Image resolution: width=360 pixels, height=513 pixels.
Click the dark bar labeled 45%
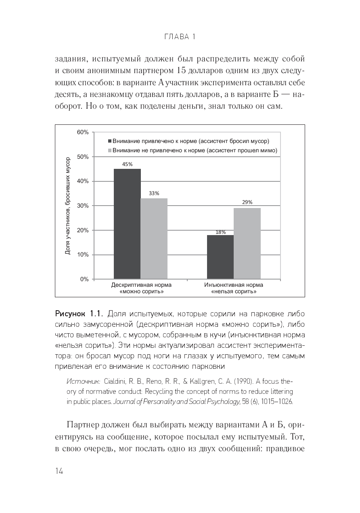click(127, 224)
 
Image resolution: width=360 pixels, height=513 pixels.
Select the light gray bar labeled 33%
click(154, 238)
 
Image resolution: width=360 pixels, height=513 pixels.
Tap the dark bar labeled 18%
click(220, 257)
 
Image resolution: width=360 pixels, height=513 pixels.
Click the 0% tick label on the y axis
click(84, 279)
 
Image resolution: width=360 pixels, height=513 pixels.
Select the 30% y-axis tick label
click(83, 206)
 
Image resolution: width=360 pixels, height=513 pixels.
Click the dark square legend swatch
click(109, 141)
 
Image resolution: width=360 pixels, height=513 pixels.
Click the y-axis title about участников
click(68, 206)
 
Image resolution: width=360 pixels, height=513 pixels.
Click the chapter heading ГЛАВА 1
click(180, 37)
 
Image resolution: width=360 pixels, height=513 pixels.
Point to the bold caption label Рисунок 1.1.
click(79, 314)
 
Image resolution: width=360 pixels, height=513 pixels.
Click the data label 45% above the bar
click(127, 164)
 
